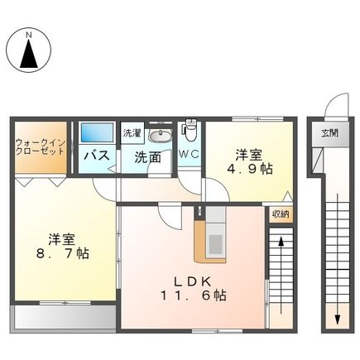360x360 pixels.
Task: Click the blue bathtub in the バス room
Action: click(x=96, y=133)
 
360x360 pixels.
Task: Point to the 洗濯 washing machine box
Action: click(x=132, y=132)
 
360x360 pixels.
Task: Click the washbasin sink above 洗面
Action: click(x=161, y=135)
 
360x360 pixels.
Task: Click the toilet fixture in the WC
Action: click(x=190, y=132)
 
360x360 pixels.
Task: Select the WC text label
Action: click(x=189, y=155)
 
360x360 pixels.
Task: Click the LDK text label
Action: click(x=196, y=279)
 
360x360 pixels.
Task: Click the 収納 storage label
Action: click(x=280, y=214)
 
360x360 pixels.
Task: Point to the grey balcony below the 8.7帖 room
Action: click(x=63, y=317)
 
